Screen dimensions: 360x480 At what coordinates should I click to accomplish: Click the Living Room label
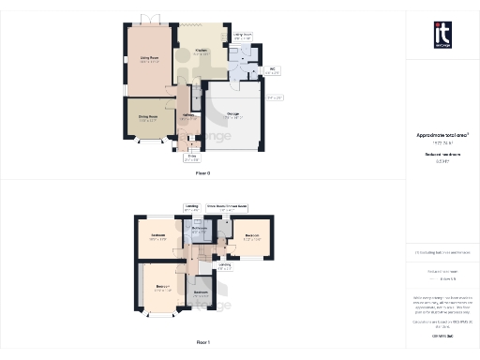(x=149, y=60)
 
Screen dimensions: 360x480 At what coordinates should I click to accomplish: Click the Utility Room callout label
(x=242, y=36)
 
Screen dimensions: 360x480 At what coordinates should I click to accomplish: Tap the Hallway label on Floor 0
(x=187, y=116)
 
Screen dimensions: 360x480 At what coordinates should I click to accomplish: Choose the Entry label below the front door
(x=191, y=158)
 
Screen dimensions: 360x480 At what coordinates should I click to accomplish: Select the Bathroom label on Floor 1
(x=199, y=229)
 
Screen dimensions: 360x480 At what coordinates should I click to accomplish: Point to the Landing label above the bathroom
(x=191, y=208)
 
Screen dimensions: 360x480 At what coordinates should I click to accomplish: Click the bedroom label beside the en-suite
(x=251, y=235)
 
